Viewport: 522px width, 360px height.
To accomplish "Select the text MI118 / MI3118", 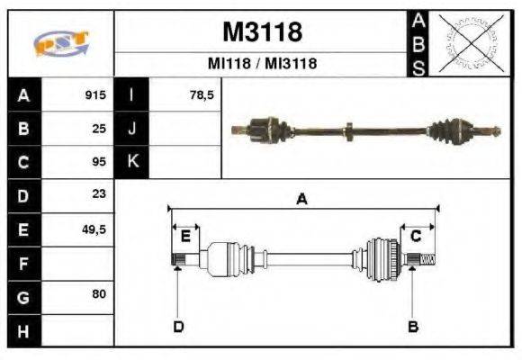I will pyautogui.click(x=262, y=64).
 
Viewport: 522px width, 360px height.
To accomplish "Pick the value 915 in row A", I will pyautogui.click(x=96, y=95).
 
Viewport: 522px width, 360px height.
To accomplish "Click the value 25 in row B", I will pyautogui.click(x=100, y=129).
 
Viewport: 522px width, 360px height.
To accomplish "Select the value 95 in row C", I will pyautogui.click(x=100, y=162).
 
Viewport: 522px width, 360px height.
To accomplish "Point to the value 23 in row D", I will pyautogui.click(x=100, y=194).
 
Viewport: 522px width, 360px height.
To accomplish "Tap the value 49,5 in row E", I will pyautogui.click(x=94, y=229).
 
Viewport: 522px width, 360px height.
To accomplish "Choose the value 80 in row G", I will pyautogui.click(x=100, y=294).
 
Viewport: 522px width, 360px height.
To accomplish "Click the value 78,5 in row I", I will pyautogui.click(x=202, y=95).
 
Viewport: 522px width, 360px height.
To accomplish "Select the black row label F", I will pyautogui.click(x=22, y=264).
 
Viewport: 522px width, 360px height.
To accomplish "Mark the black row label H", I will pyautogui.click(x=22, y=330).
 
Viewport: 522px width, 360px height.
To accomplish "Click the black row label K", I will pyautogui.click(x=131, y=162).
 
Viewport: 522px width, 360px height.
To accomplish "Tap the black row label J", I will pyautogui.click(x=131, y=129).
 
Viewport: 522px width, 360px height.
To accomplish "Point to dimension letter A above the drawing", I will pyautogui.click(x=301, y=200).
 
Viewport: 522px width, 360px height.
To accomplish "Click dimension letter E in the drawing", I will pyautogui.click(x=185, y=236).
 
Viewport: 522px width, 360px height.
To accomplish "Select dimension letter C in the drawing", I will pyautogui.click(x=416, y=236).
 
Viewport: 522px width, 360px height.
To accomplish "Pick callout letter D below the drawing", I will pyautogui.click(x=178, y=326).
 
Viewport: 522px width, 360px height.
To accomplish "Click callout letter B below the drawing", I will pyautogui.click(x=413, y=326).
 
